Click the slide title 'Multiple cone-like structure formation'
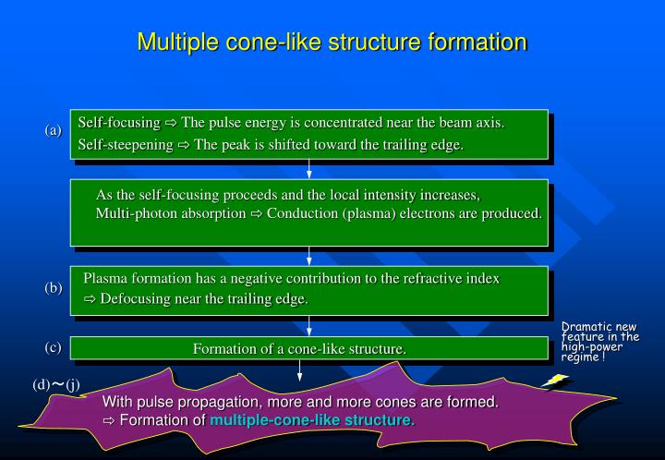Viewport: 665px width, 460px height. (x=332, y=42)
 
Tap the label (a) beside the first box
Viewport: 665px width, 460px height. (x=53, y=130)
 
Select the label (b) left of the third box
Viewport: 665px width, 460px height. (x=53, y=288)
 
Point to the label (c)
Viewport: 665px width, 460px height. (x=53, y=347)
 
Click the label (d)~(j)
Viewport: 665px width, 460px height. (x=56, y=384)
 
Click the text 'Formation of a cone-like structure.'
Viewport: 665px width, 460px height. (x=299, y=348)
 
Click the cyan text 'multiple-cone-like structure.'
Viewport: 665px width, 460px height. (x=312, y=421)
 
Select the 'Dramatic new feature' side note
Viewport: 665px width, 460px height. (x=600, y=341)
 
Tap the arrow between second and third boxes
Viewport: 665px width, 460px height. (x=309, y=256)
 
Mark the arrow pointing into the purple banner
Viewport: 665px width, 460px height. (x=300, y=369)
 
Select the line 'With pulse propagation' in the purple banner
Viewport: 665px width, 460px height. (x=300, y=402)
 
